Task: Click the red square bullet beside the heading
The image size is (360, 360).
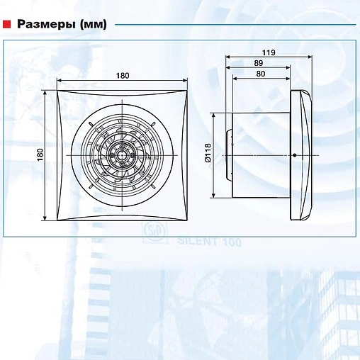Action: pos(6,24)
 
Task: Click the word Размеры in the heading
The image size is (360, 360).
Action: pos(47,24)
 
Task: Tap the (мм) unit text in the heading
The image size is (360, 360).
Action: pos(94,25)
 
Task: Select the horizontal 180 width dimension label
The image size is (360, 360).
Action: pos(123,76)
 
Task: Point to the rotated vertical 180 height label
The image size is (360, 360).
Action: pos(40,155)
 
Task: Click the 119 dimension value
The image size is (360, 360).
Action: pos(269,52)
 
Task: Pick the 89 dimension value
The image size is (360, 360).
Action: pos(259,63)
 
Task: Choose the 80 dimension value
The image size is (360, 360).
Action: pos(261,74)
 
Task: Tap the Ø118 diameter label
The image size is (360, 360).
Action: pos(208,152)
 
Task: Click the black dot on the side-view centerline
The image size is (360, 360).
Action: pos(295,155)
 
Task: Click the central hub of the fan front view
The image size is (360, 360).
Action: pos(122,155)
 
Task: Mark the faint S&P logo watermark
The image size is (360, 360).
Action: pos(155,233)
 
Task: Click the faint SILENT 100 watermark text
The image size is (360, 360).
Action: pos(210,242)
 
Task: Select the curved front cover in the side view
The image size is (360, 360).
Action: pos(301,155)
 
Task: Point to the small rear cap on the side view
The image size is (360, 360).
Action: pos(229,155)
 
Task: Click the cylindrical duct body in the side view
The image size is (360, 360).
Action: pos(261,155)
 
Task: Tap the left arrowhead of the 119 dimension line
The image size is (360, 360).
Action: pos(227,57)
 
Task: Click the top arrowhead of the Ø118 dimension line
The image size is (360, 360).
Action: pos(213,116)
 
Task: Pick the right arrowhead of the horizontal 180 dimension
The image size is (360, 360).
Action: pos(185,81)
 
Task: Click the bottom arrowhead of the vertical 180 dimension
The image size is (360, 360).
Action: pos(45,218)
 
